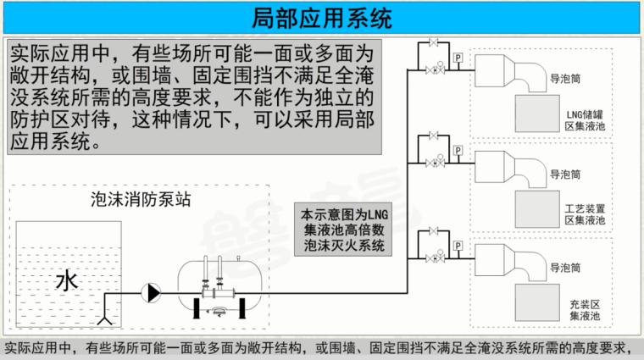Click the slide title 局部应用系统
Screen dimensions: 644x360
(322, 15)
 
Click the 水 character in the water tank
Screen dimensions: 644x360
(66, 280)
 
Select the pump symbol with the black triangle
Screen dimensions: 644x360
(153, 293)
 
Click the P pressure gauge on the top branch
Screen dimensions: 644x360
(458, 58)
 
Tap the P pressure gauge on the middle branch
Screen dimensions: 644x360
(458, 151)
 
